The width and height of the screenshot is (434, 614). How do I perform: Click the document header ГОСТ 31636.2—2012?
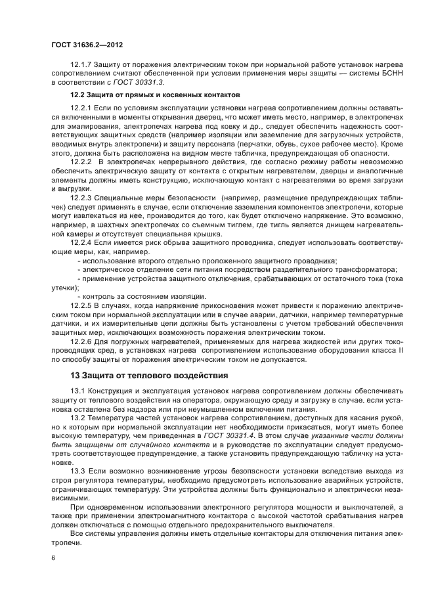coord(87,45)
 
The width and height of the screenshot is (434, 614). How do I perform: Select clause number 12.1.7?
coord(82,66)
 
